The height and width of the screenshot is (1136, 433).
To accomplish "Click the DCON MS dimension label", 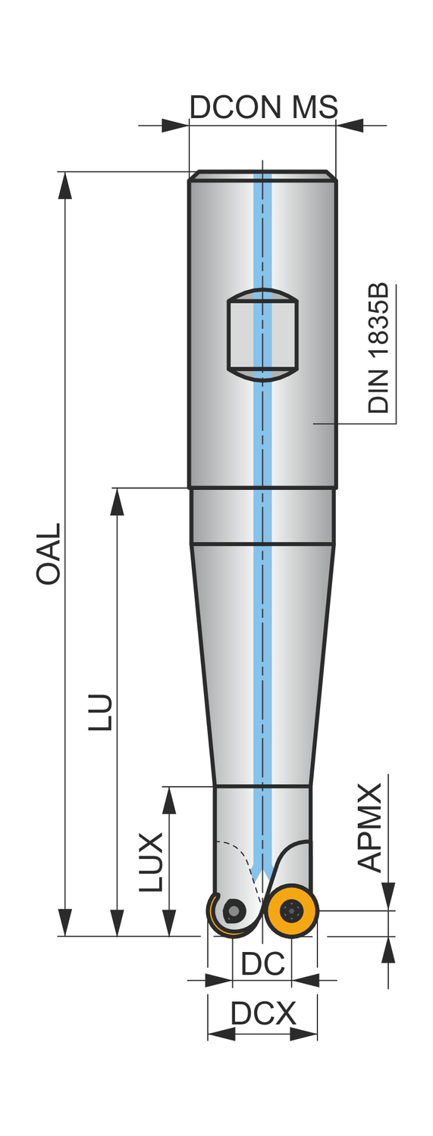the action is [x=263, y=107].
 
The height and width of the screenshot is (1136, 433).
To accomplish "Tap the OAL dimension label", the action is [x=49, y=554].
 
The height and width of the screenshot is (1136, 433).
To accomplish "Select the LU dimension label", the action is [x=100, y=713].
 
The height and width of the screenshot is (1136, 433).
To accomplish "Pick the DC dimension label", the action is [x=262, y=963].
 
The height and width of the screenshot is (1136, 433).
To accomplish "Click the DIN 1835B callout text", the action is [x=378, y=348].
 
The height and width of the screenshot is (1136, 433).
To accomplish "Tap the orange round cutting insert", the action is [x=291, y=910].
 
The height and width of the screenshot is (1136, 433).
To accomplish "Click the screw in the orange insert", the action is [x=291, y=910].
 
